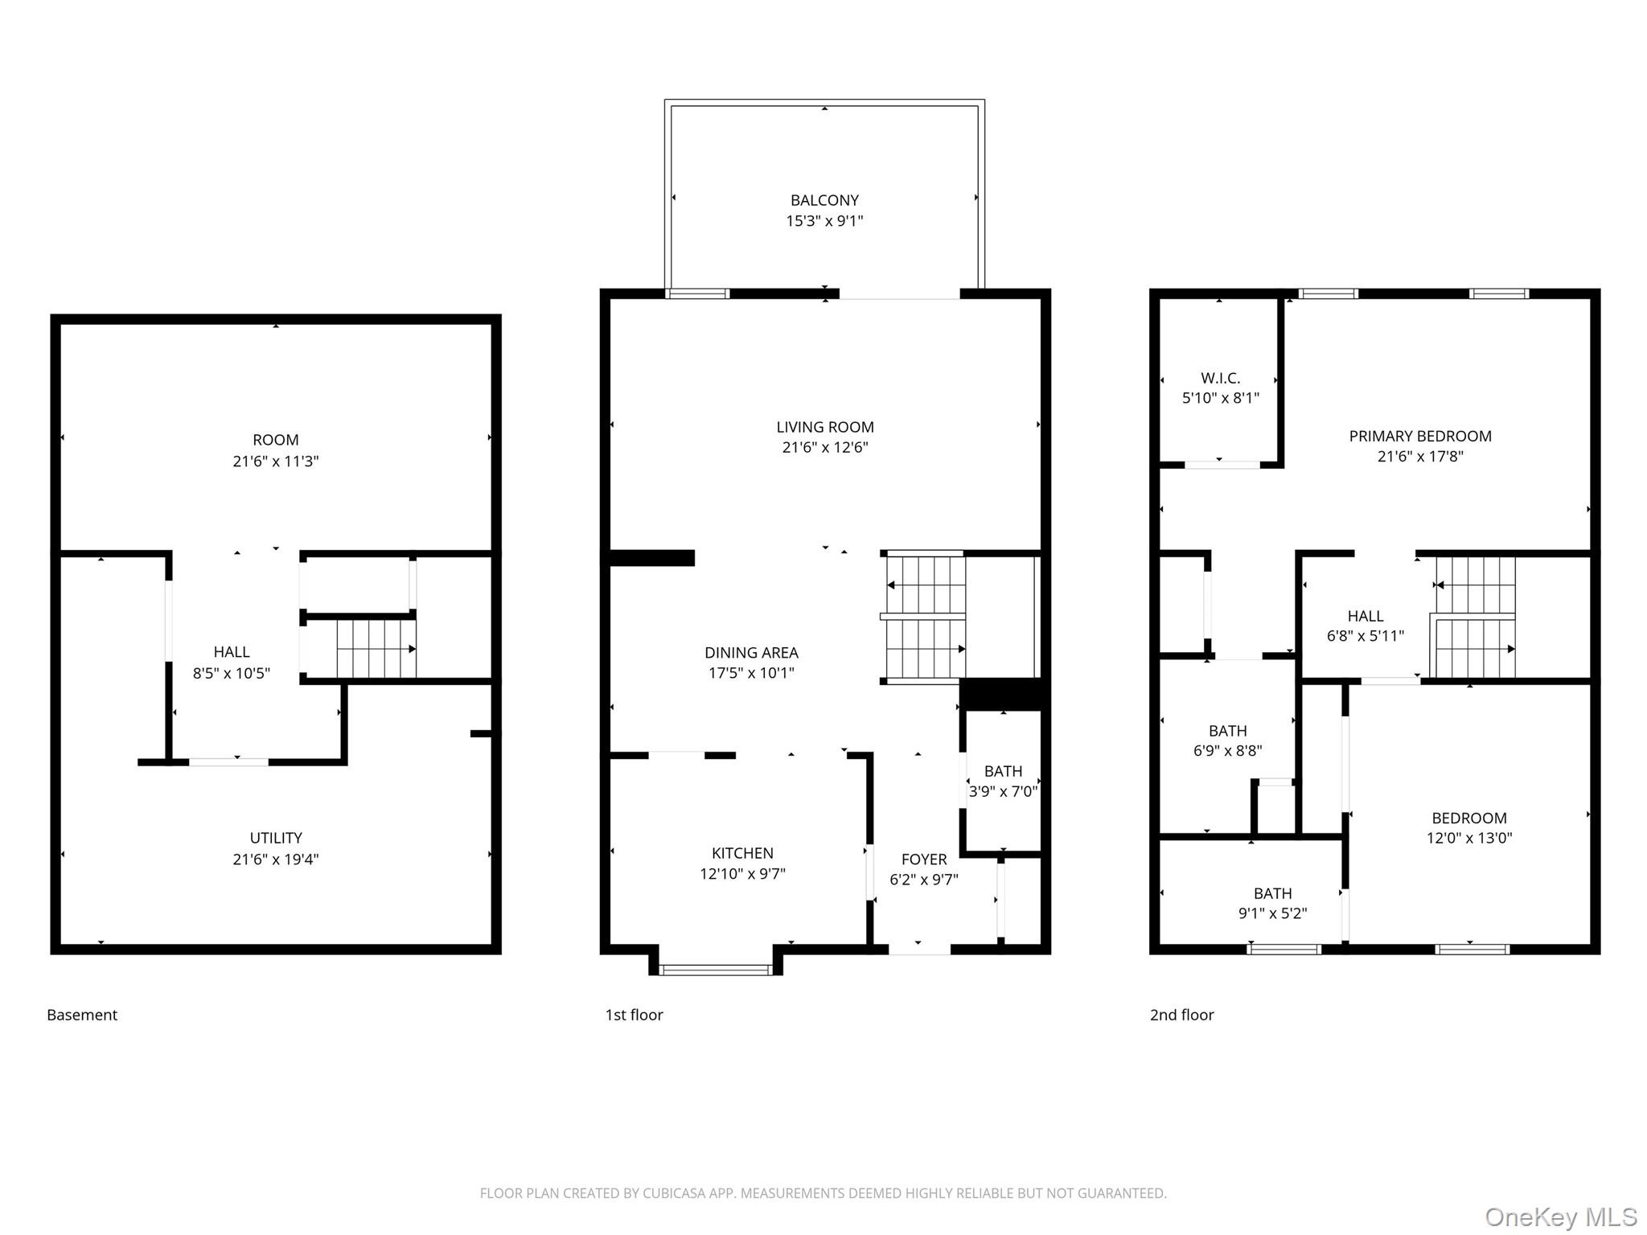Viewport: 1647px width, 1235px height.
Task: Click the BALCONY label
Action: coord(824,200)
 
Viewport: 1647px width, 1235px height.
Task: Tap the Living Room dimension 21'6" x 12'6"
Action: coord(825,448)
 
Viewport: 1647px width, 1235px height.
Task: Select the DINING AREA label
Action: coord(751,653)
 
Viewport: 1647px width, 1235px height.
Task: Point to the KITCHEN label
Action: coord(742,853)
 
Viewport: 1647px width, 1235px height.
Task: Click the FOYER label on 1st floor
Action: coord(923,860)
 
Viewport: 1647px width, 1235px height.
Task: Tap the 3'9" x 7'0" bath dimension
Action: coord(1003,792)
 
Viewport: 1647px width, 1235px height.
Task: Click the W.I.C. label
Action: coord(1220,378)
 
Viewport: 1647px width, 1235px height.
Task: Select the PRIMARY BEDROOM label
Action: coord(1419,436)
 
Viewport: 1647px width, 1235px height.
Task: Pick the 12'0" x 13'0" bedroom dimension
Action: coord(1468,838)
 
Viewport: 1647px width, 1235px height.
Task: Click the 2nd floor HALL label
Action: coord(1365,616)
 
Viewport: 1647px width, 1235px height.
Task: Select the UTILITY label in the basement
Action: coord(276,838)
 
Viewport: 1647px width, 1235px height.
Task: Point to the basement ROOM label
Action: coord(276,440)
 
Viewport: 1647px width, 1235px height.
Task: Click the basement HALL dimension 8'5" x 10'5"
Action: coord(231,674)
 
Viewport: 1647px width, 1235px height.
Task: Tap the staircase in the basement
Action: coord(375,648)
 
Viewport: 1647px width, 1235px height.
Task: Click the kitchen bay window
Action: coord(715,970)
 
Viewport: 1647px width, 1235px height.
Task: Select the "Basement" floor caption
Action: coord(82,1015)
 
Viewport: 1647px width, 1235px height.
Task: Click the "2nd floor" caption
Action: coord(1181,1015)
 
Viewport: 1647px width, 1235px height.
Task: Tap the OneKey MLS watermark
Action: coord(1560,1217)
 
